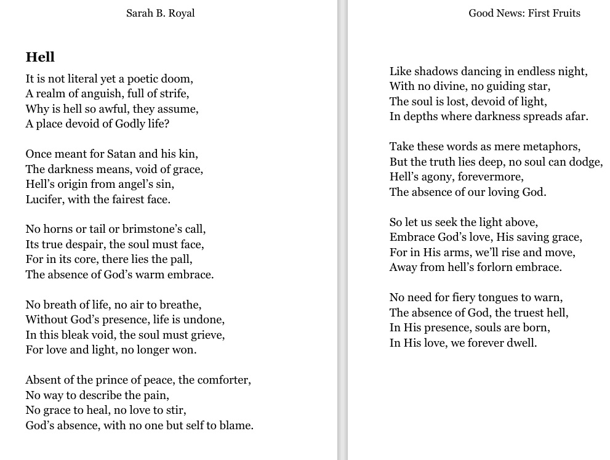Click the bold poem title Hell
point(40,57)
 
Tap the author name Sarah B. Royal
point(160,13)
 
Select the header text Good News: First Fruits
point(524,13)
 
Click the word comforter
point(223,380)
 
